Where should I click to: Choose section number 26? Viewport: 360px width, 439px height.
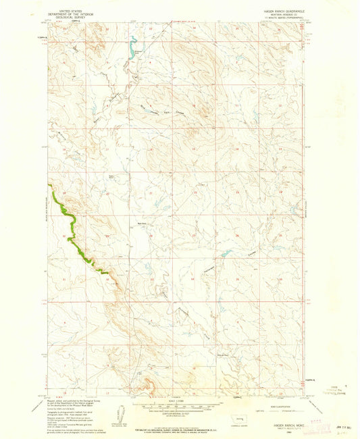coord(236,236)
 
